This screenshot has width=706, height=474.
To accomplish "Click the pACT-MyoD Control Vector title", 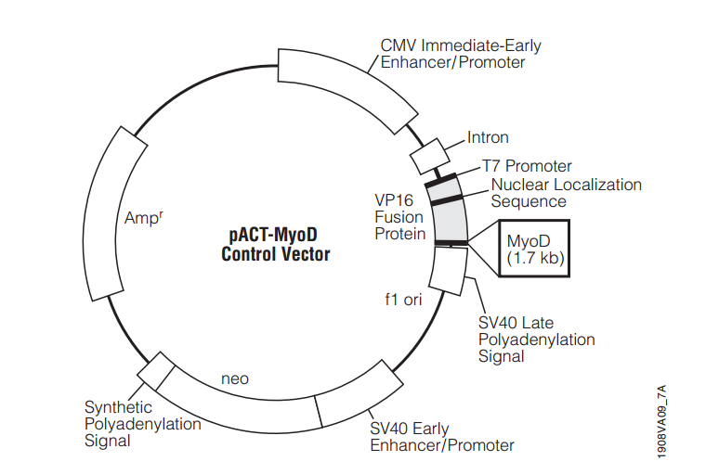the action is pyautogui.click(x=276, y=244).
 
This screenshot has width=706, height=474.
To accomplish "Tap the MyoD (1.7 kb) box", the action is pyautogui.click(x=534, y=249).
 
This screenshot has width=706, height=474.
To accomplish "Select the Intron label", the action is pyautogui.click(x=488, y=137).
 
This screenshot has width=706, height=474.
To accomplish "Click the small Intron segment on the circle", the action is pyautogui.click(x=429, y=156).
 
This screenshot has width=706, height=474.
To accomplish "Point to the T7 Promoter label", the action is pyautogui.click(x=527, y=166).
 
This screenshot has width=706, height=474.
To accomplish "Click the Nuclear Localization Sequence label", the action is pyautogui.click(x=566, y=193).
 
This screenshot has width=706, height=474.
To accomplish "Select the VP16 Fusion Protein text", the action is pyautogui.click(x=399, y=217).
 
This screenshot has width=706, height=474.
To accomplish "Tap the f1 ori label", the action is pyautogui.click(x=403, y=299).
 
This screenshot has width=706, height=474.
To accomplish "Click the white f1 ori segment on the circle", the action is pyautogui.click(x=449, y=271).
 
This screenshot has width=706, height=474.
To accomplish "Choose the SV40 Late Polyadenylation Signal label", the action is pyautogui.click(x=536, y=339).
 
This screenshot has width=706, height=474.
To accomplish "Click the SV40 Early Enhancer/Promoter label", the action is pyautogui.click(x=441, y=437).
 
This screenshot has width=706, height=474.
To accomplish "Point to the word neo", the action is pyautogui.click(x=235, y=378).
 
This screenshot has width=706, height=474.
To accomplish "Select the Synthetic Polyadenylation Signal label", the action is pyautogui.click(x=142, y=424).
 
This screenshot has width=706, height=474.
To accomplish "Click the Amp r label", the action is pyautogui.click(x=144, y=217).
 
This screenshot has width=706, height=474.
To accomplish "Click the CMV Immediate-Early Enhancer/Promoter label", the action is pyautogui.click(x=461, y=54).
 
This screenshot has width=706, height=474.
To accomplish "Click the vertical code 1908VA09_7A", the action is pyautogui.click(x=661, y=422).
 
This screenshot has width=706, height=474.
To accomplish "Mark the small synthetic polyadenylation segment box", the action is pyautogui.click(x=156, y=371).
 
